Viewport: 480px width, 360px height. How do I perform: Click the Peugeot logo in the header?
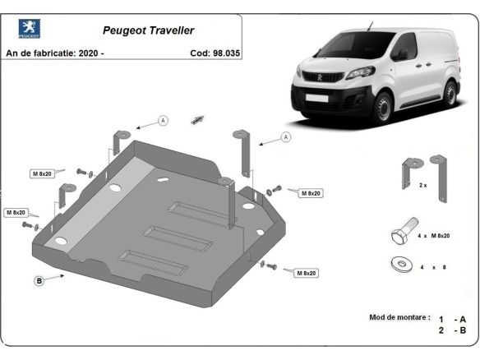30,30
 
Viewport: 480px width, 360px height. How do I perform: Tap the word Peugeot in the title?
120,30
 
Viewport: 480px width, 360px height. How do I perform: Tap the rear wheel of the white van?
452,94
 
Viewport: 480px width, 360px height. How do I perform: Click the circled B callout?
39,281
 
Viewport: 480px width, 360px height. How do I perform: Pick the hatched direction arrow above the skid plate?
197,119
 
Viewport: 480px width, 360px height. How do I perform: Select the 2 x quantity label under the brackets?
422,186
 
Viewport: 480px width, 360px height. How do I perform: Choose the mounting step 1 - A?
453,318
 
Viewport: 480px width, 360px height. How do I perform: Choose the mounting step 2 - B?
453,330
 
